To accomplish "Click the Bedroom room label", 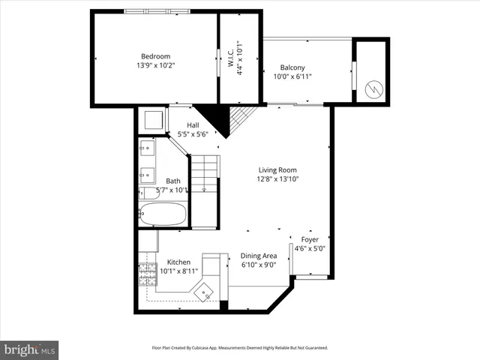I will tap(156, 56).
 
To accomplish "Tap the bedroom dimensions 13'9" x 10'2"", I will tap(156, 66).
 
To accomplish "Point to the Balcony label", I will tap(292, 66).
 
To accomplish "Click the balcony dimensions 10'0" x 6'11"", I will tap(292, 76).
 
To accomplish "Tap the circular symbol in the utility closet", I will tap(370, 89).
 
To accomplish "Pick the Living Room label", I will tap(278, 169).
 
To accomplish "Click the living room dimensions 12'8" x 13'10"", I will tap(278, 179).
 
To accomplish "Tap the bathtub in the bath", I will tap(163, 215).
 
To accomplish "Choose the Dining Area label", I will tap(259, 255).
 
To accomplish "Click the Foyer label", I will tap(308, 240).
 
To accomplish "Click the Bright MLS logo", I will tap(30, 349).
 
